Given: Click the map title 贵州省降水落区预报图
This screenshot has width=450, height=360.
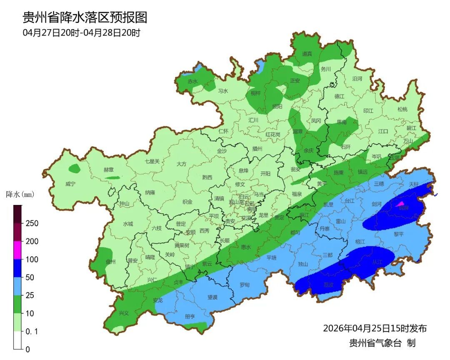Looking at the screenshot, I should coord(85,17).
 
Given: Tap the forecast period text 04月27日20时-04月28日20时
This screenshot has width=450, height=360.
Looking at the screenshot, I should coord(81,33).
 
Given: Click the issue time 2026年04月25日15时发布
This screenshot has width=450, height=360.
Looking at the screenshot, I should coord(375,328).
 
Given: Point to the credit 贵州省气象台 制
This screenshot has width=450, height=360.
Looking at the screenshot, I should coord(382,343).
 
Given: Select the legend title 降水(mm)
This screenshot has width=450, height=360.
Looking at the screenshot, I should coord(20,195).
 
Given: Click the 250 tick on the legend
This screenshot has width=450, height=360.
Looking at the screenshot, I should coord(32,223).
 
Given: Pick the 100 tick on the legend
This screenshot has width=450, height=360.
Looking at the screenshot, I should coord(32,259).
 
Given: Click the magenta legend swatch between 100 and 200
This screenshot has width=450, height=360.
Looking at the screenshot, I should coord(17,250).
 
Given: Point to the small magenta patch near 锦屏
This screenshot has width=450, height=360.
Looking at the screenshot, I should coord(401,204).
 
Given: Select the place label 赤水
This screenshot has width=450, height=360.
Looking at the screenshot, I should coord(192,81).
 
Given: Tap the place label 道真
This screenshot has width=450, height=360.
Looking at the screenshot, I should coord(307,54).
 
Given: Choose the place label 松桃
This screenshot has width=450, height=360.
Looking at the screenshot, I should coord(402,109).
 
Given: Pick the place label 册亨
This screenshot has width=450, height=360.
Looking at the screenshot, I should coord(190,317).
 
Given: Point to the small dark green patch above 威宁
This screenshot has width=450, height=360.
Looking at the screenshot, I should coord(75,168).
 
